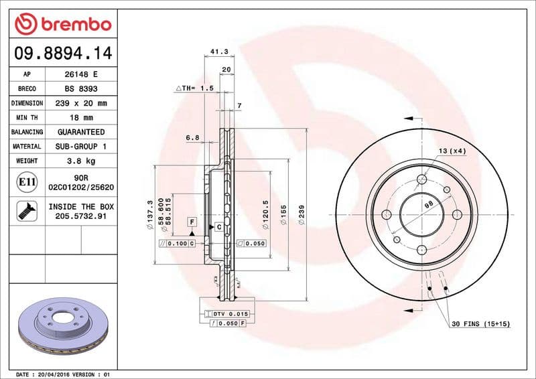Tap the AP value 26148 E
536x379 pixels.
[80, 75]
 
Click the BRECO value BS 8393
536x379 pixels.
[80, 89]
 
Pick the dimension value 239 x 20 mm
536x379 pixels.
[80, 104]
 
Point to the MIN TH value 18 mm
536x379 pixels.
[80, 118]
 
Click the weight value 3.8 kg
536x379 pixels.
[80, 161]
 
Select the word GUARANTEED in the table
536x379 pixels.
[80, 132]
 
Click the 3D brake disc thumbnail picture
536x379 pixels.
[61, 325]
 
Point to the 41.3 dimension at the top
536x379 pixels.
[216, 51]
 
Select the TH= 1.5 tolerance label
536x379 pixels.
[195, 88]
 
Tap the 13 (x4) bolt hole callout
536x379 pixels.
[452, 151]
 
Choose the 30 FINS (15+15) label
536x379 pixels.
[480, 324]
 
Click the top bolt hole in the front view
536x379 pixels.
[422, 179]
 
